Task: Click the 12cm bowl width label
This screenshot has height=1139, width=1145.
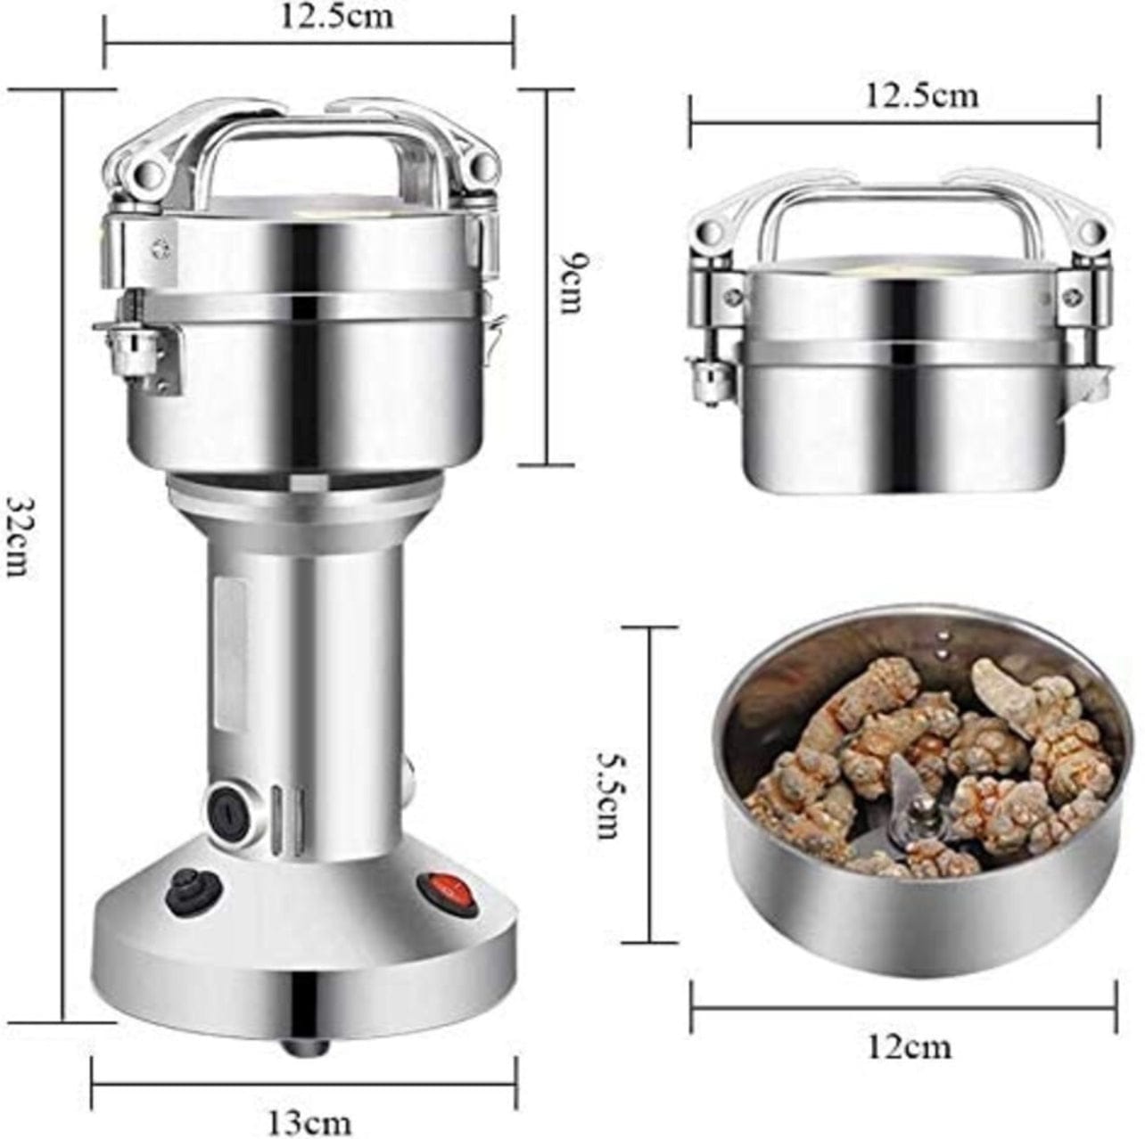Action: [x=909, y=1045]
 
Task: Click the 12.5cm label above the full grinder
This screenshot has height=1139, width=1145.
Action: [x=336, y=15]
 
